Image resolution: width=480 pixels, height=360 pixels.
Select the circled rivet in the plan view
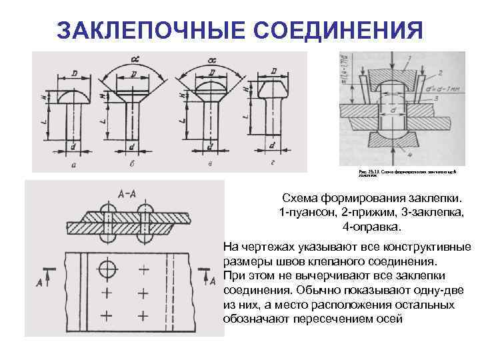point(107,269)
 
